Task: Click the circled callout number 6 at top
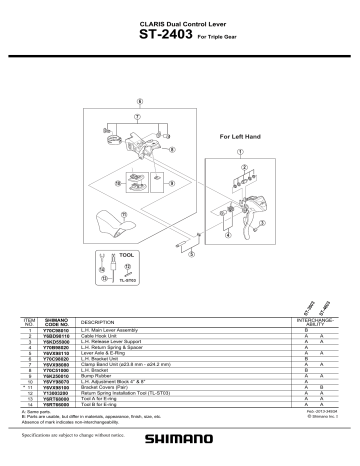[140, 102]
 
